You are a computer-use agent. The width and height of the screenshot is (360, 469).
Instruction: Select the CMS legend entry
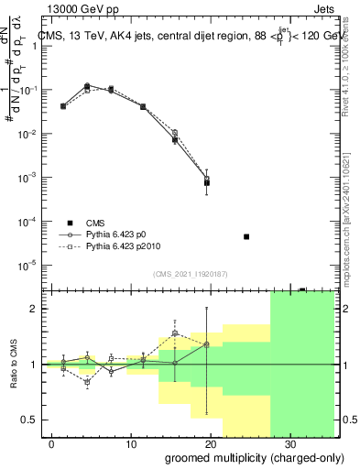(95, 223)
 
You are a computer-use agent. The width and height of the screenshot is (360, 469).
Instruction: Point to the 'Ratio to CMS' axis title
(14, 365)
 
